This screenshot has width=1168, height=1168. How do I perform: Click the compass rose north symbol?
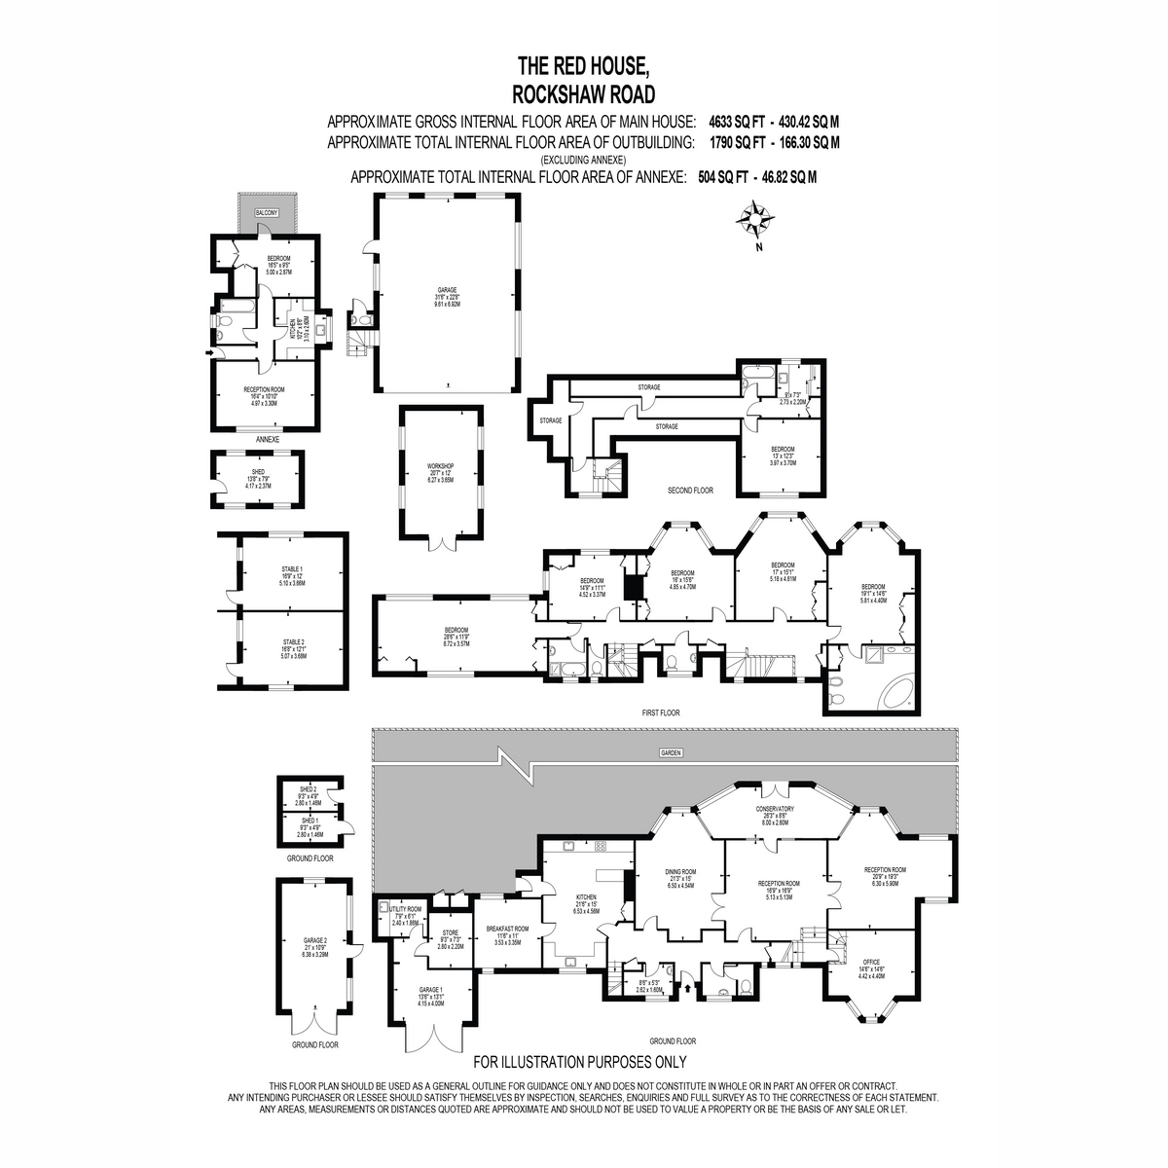(754, 219)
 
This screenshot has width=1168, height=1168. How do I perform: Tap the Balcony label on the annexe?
(266, 212)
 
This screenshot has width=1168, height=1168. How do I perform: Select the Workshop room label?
(440, 466)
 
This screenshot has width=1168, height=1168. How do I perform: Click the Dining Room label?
(680, 872)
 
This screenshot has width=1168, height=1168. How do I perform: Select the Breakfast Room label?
(508, 929)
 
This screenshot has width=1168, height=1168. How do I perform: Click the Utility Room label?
(405, 909)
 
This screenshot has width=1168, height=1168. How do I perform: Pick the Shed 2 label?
(308, 789)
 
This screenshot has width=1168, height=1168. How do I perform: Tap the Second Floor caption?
(690, 491)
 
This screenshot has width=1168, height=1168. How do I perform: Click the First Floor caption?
(661, 712)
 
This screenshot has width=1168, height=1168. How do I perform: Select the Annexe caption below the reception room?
(268, 439)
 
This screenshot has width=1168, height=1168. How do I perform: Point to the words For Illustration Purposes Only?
(580, 1062)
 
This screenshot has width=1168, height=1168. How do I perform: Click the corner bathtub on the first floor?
(894, 693)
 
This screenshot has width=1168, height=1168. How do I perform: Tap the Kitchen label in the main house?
(585, 897)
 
